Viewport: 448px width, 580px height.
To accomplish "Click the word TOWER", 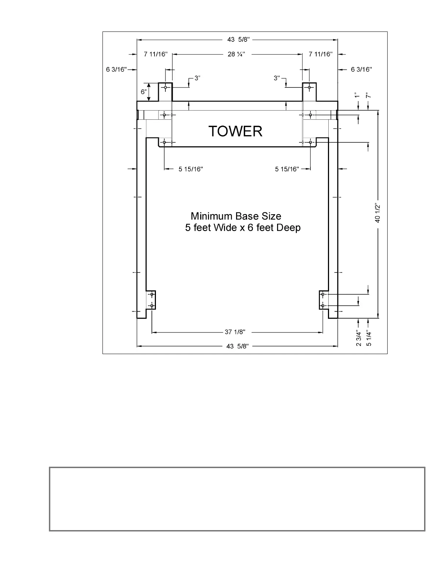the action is pos(235,131).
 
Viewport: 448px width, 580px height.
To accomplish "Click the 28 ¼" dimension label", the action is pos(236,54).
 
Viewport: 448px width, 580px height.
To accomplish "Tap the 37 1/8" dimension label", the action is pos(235,332).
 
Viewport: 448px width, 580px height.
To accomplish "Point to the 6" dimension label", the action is pos(144,92).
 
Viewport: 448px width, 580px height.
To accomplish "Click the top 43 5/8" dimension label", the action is pos(238,40).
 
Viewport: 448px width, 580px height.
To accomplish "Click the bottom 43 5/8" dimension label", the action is pos(238,346).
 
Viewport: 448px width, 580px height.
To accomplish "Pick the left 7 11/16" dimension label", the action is pos(156,54).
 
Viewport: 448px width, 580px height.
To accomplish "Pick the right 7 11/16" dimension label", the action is pos(321,54).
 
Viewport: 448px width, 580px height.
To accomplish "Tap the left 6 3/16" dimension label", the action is pos(116,69).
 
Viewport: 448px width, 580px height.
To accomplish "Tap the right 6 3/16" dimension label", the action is pos(362,69).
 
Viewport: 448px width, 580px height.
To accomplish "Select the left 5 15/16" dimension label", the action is pos(191,169).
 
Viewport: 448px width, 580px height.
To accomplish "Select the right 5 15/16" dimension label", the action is pos(287,169).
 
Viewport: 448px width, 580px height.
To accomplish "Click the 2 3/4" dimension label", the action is pos(359,339).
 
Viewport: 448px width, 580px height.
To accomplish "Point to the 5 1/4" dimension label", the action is pos(369,339).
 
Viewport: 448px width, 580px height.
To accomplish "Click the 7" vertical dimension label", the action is pos(369,95).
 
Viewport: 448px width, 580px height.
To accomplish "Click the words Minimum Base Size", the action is pos(236,216).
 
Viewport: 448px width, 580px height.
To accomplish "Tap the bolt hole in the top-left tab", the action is pos(166,88).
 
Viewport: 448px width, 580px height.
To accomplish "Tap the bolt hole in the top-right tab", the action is pos(309,88).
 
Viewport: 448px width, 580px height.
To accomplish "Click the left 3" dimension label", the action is pos(198,78).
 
